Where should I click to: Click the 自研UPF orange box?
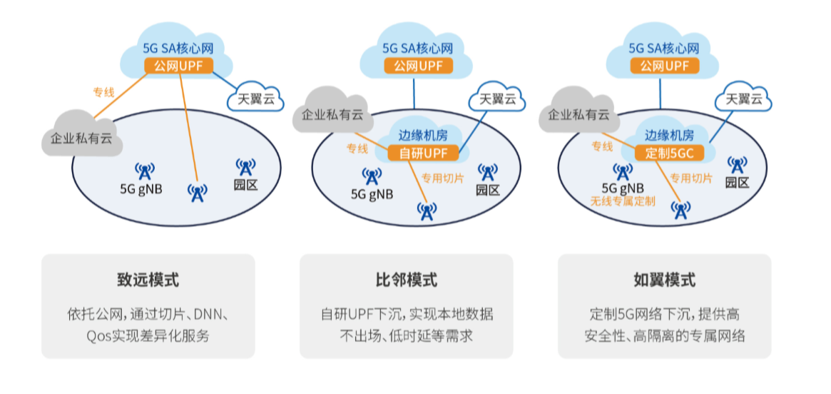tap(422, 153)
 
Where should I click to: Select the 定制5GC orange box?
tap(669, 153)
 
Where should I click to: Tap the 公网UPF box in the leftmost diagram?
tap(178, 66)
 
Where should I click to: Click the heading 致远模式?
tap(148, 280)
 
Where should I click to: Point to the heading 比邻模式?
tap(407, 280)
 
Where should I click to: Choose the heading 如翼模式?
tap(665, 280)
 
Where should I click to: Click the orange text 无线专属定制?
tap(623, 201)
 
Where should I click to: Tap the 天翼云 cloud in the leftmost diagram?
tap(255, 98)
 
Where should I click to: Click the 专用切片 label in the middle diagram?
tap(442, 178)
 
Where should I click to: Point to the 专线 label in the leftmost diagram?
tap(104, 92)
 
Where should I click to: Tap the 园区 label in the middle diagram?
tap(488, 190)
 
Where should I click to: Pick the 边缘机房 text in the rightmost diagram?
tap(669, 134)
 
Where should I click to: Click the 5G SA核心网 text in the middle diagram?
tap(418, 49)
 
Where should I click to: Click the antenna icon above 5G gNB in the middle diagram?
tap(372, 177)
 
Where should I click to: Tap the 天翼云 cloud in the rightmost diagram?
tap(743, 98)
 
